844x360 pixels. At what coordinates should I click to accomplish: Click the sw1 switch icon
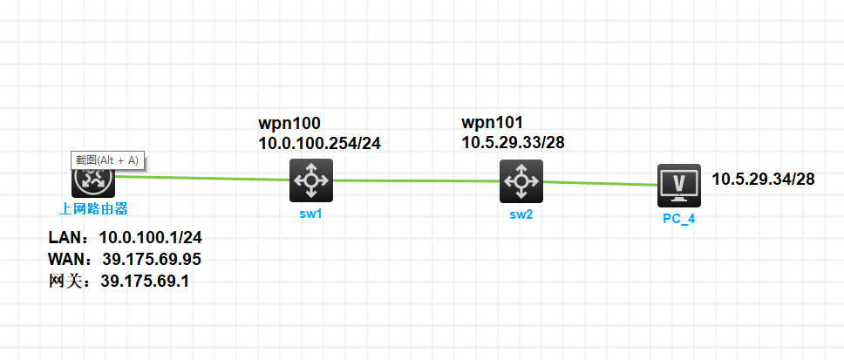[311, 180]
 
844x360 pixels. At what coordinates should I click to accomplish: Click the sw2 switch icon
[521, 181]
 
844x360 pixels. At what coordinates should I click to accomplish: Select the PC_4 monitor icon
[679, 185]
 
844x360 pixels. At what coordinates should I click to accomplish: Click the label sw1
[311, 214]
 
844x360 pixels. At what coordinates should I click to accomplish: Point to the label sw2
[521, 214]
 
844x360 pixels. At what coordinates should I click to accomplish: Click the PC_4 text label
[678, 218]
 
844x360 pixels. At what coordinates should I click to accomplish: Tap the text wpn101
[493, 122]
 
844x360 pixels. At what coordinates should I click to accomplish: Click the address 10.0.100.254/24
[319, 143]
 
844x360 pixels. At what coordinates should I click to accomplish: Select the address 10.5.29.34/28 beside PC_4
[763, 180]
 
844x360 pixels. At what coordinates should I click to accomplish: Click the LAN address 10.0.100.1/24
[150, 237]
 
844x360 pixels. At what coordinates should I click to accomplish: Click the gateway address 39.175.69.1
[146, 281]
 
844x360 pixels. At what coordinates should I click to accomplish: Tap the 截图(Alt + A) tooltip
[107, 160]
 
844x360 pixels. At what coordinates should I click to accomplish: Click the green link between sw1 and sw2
[416, 181]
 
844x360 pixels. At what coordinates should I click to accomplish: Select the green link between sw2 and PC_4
[600, 183]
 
